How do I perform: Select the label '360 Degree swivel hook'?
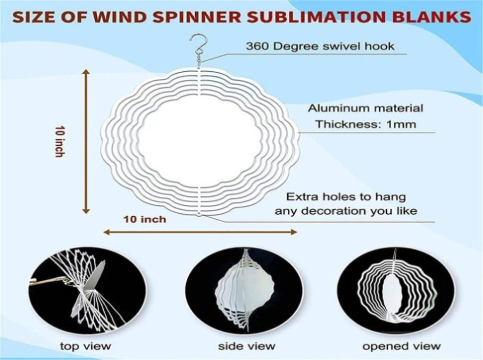pyautogui.click(x=320, y=46)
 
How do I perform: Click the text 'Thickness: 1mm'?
pyautogui.click(x=366, y=124)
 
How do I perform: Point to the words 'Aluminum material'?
pyautogui.click(x=366, y=108)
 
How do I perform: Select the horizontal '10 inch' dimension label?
pyautogui.click(x=145, y=219)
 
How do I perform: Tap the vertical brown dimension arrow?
pyautogui.click(x=86, y=142)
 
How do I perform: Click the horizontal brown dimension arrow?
pyautogui.click(x=200, y=232)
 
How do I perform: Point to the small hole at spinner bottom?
pyautogui.click(x=199, y=214)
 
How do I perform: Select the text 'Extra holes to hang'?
pyautogui.click(x=346, y=197)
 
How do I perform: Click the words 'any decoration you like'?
pyautogui.click(x=346, y=211)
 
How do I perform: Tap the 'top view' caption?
pyautogui.click(x=85, y=346)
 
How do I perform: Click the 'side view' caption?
pyautogui.click(x=246, y=346)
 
